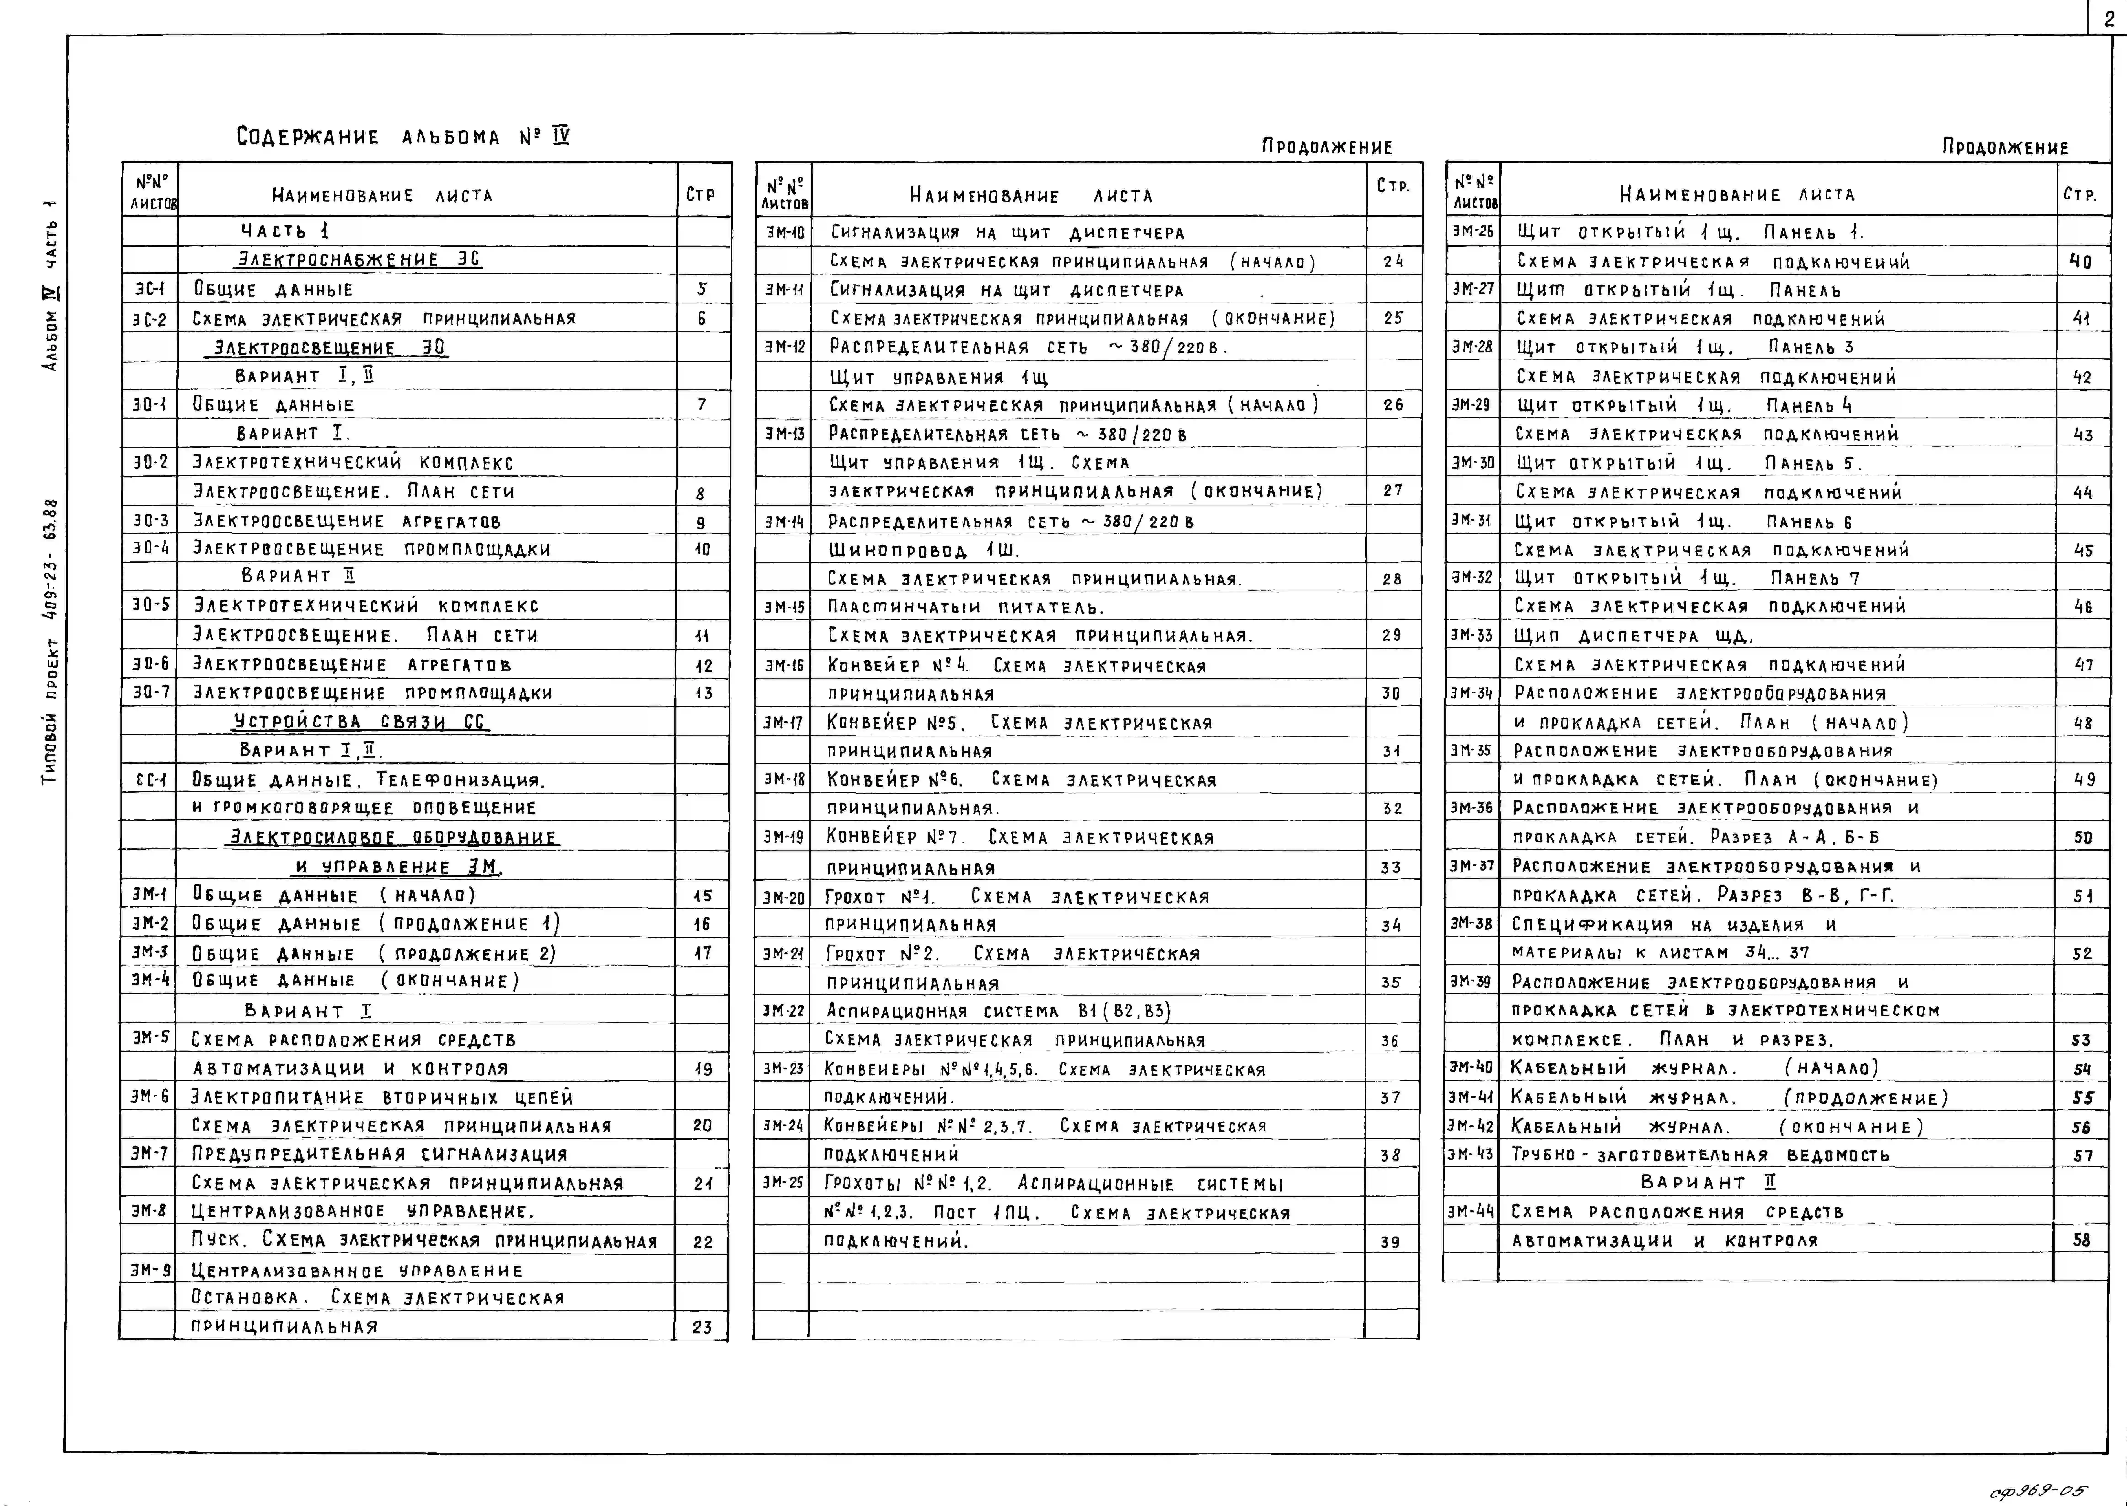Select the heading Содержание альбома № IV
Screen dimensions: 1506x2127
[402, 137]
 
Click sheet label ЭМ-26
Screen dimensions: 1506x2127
[1472, 232]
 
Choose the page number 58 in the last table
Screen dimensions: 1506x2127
[2081, 1240]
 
